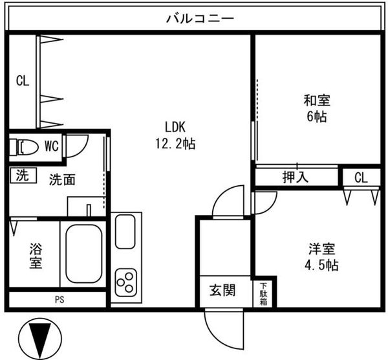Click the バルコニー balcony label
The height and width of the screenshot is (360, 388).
pyautogui.click(x=200, y=19)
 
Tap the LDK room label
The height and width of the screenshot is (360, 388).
pyautogui.click(x=175, y=128)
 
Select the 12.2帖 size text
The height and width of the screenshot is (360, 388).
pyautogui.click(x=175, y=144)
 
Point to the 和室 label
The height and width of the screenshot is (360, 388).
pyautogui.click(x=317, y=100)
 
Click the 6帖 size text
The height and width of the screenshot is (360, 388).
pyautogui.click(x=317, y=116)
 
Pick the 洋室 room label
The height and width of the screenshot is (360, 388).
pyautogui.click(x=322, y=249)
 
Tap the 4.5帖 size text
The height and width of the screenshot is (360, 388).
pyautogui.click(x=321, y=265)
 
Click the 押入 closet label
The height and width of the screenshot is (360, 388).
pyautogui.click(x=296, y=177)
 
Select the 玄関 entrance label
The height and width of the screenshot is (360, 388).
pyautogui.click(x=222, y=290)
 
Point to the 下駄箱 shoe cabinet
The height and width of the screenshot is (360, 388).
pyautogui.click(x=264, y=294)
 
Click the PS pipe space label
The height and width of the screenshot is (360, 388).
pyautogui.click(x=59, y=300)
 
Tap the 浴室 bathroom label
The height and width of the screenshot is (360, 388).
pyautogui.click(x=36, y=256)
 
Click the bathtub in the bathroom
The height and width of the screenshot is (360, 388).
pyautogui.click(x=84, y=254)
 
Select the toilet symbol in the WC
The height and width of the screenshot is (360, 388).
pyautogui.click(x=24, y=147)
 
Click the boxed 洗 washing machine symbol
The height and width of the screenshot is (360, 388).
pyautogui.click(x=23, y=175)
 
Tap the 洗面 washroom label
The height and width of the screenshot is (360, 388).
pyautogui.click(x=62, y=179)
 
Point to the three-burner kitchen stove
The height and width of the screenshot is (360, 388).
pyautogui.click(x=126, y=282)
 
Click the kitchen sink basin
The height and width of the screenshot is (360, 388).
pyautogui.click(x=125, y=232)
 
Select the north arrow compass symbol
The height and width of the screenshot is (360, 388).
pyautogui.click(x=40, y=339)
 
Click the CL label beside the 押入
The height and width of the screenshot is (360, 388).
pyautogui.click(x=361, y=177)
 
